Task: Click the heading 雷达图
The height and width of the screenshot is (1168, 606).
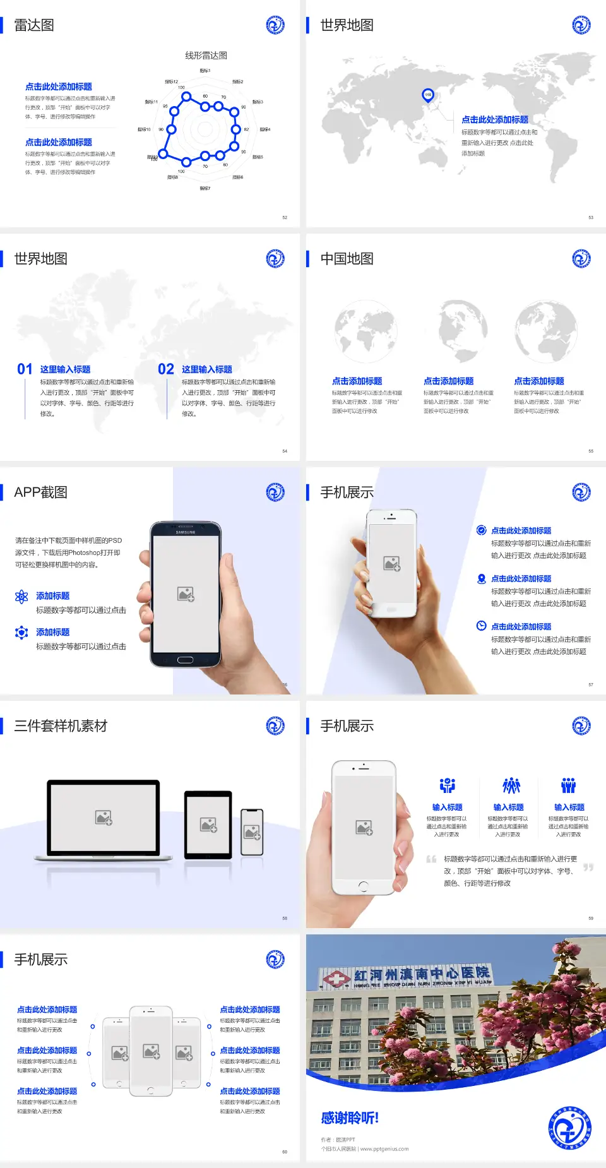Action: pos(34,25)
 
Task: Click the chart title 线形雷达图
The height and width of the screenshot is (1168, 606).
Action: pos(206,56)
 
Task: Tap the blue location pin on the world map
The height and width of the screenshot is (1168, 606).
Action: pos(427,95)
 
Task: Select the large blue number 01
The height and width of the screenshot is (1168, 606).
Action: pos(25,369)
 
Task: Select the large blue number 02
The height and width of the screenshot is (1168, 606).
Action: pos(166,369)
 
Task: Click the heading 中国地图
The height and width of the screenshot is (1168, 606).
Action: pos(347,259)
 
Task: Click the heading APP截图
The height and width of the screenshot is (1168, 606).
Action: pos(40,492)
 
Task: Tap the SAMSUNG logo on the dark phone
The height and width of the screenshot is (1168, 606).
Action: pos(186,532)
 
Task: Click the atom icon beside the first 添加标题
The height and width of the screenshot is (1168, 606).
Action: pos(21,597)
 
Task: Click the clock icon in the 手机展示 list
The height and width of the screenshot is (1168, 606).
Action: pos(481,626)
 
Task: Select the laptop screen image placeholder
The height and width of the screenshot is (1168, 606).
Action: pos(104,818)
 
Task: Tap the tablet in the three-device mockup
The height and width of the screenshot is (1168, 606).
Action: pos(208,824)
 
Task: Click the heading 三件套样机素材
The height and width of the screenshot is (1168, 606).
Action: pos(61,726)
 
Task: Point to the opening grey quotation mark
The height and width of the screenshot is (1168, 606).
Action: pos(431,859)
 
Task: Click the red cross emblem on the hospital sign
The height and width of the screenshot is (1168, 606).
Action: pos(336,979)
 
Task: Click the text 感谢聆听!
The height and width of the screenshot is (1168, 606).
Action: pos(350,1118)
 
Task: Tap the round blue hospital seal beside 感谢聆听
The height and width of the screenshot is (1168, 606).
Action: pos(569,1128)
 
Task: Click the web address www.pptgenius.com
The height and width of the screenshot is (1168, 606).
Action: pos(384,1149)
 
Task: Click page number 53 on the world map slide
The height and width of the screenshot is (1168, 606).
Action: pos(591,217)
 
